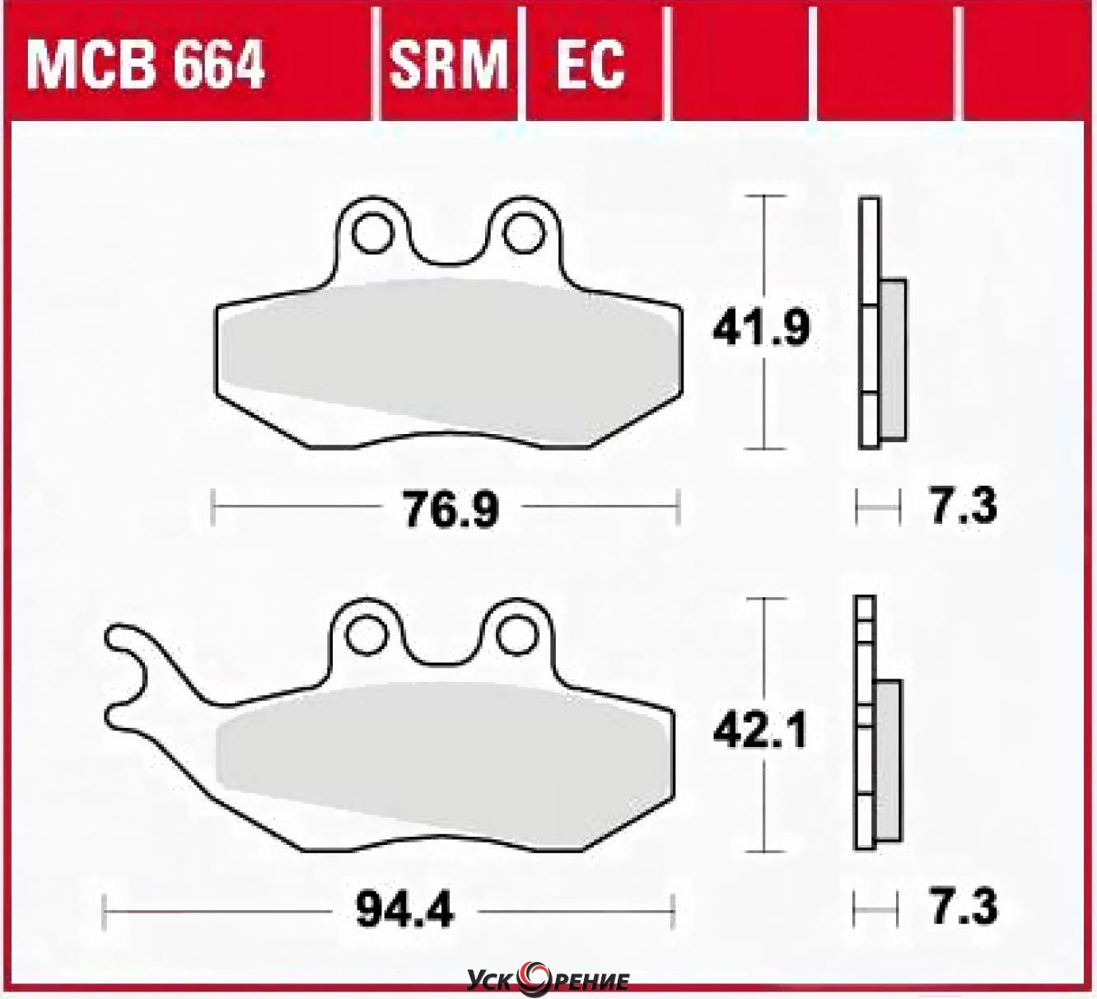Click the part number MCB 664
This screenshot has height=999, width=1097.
(x=146, y=65)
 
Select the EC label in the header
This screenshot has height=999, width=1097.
(x=591, y=65)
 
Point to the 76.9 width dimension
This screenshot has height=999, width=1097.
(x=450, y=509)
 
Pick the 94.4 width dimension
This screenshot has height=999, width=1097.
(x=404, y=908)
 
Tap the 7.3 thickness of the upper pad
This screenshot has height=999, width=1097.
(x=964, y=506)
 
